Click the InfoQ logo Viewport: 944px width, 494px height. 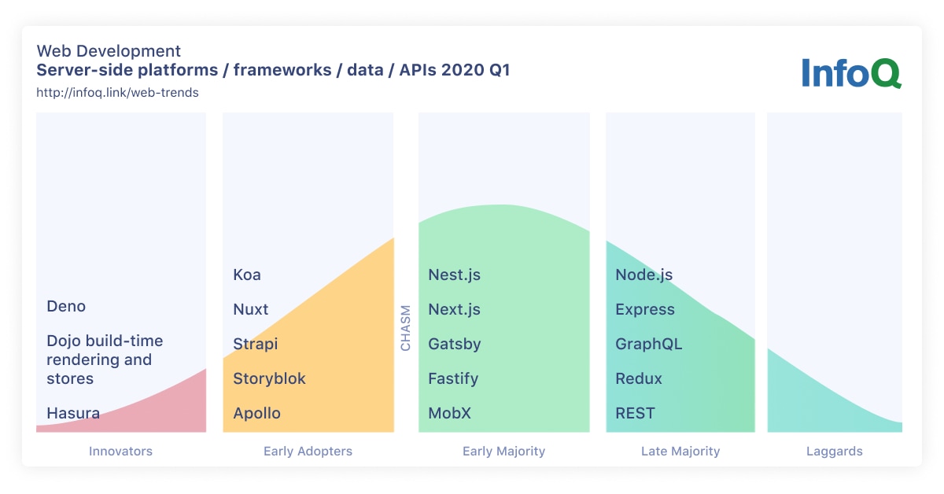pyautogui.click(x=851, y=72)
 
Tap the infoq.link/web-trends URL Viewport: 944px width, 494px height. pyautogui.click(x=117, y=92)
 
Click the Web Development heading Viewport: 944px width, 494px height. pyautogui.click(x=109, y=51)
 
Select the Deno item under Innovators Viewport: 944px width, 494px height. pyautogui.click(x=66, y=306)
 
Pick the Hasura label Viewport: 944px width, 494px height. pyautogui.click(x=73, y=413)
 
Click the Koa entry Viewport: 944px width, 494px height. pyautogui.click(x=247, y=275)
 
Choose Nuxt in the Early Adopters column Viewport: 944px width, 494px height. pyautogui.click(x=251, y=309)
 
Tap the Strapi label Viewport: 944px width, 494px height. pyautogui.click(x=256, y=344)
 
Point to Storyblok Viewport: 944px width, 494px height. pyautogui.click(x=269, y=378)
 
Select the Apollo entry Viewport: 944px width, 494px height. pyautogui.click(x=256, y=413)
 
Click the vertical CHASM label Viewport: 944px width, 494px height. pyautogui.click(x=406, y=327)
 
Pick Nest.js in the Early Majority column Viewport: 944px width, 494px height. pyautogui.click(x=454, y=275)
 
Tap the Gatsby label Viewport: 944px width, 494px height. pyautogui.click(x=455, y=344)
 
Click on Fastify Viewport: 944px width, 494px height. pyautogui.click(x=453, y=378)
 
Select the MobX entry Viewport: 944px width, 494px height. pyautogui.click(x=449, y=413)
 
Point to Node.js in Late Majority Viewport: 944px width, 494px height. pyautogui.click(x=643, y=275)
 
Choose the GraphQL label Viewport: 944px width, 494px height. pyautogui.click(x=649, y=344)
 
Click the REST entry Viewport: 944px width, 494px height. pyautogui.click(x=635, y=413)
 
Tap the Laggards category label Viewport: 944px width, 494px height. pyautogui.click(x=835, y=452)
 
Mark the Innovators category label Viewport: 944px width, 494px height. pyautogui.click(x=120, y=452)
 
